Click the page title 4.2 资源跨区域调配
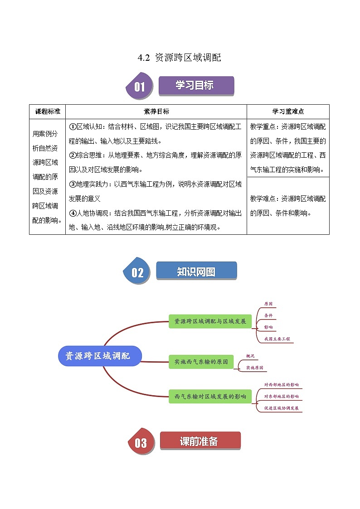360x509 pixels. (180, 58)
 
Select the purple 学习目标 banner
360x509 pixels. (196, 85)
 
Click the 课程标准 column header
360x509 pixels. (47, 111)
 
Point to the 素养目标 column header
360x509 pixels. (156, 111)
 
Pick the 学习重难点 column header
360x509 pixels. (288, 111)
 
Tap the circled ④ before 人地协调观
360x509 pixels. (73, 213)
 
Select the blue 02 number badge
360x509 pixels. (137, 272)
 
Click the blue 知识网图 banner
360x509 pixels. (196, 271)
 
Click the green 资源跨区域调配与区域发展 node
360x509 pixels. (209, 321)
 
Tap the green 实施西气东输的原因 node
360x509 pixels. (201, 362)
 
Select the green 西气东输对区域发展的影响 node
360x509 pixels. (209, 396)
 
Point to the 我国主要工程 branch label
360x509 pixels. (277, 339)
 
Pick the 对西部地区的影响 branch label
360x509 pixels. (282, 384)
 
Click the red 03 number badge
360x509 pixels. (141, 442)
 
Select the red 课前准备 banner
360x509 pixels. (199, 441)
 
